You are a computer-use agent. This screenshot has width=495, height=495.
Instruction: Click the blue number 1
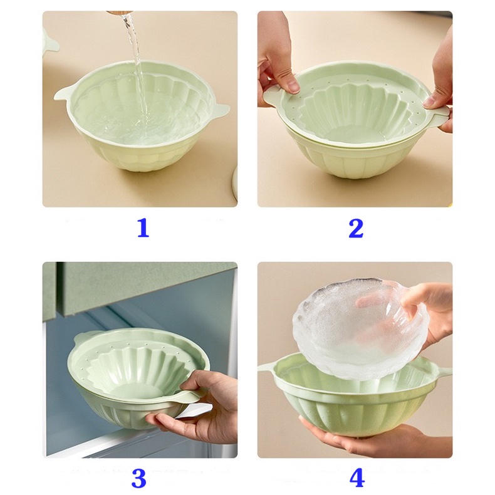pos(143,227)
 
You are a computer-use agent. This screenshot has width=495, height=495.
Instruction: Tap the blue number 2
pos(355,227)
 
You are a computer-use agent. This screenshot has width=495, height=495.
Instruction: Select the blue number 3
pos(138,478)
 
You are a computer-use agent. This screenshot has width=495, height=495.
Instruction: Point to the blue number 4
pos(357,478)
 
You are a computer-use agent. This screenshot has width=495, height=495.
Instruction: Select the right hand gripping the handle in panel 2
pos(440,88)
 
